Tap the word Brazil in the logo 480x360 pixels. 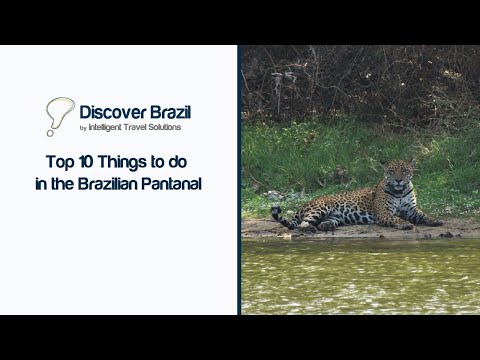169,111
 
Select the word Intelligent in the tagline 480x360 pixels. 109,127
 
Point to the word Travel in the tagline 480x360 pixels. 144,127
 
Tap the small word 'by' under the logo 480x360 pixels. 83,128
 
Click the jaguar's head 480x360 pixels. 398,178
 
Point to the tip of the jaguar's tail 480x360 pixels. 275,211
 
